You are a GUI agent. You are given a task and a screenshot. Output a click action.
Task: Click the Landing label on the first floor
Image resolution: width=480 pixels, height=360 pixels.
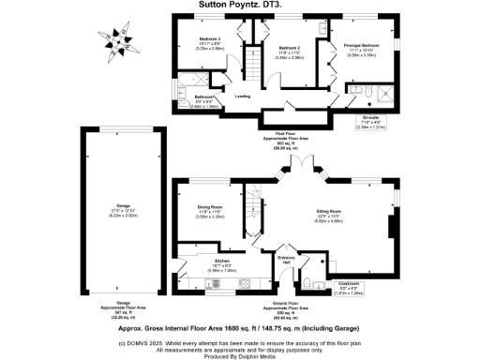tap(242, 96)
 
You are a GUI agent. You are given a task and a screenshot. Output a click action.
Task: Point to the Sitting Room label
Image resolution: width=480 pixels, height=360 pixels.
tap(327, 212)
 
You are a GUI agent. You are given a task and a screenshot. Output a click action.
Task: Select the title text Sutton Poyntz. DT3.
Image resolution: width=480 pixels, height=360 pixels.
tap(240, 5)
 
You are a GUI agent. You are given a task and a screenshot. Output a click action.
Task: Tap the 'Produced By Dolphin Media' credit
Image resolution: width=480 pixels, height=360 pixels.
tap(240, 355)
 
